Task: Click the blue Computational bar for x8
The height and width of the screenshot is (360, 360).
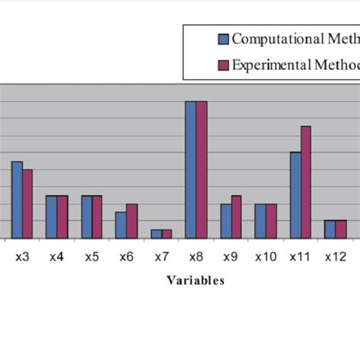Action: pyautogui.click(x=191, y=170)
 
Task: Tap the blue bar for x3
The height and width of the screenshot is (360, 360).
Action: pyautogui.click(x=17, y=201)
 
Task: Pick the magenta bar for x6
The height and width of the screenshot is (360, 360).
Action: pyautogui.click(x=131, y=221)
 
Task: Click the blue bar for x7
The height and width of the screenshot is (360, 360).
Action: pyautogui.click(x=156, y=234)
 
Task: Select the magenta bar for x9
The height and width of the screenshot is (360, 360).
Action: pyautogui.click(x=236, y=217)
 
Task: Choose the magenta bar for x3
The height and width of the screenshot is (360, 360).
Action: pyautogui.click(x=27, y=204)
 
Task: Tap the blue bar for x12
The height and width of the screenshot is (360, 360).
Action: pyautogui.click(x=330, y=229)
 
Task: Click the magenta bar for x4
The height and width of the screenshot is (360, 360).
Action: pyautogui.click(x=62, y=217)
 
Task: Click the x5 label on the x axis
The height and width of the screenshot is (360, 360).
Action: pyautogui.click(x=91, y=257)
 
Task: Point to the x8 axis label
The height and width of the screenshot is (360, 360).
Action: pyautogui.click(x=196, y=257)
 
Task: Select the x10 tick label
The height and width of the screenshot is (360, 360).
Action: pyautogui.click(x=265, y=257)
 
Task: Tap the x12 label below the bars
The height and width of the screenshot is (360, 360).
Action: pyautogui.click(x=335, y=257)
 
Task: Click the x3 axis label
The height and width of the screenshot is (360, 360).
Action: pyautogui.click(x=22, y=257)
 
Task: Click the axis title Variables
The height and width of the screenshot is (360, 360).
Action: pyautogui.click(x=195, y=280)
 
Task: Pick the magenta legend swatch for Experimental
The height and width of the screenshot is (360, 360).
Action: pyautogui.click(x=223, y=65)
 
